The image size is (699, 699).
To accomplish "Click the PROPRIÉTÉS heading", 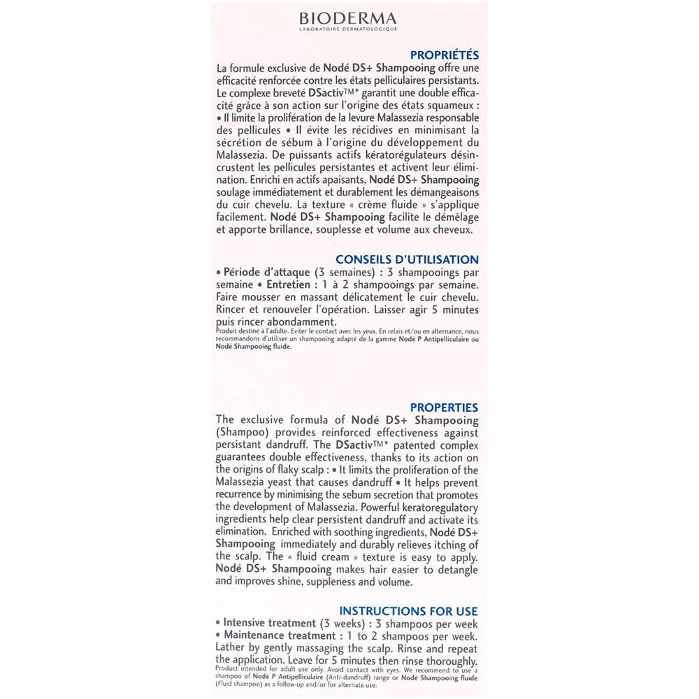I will click(x=444, y=55).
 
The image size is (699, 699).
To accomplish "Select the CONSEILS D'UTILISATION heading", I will click(x=407, y=259).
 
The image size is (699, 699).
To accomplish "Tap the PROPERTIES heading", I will click(x=444, y=408).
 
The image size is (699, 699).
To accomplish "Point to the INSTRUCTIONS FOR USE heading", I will click(x=408, y=611).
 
